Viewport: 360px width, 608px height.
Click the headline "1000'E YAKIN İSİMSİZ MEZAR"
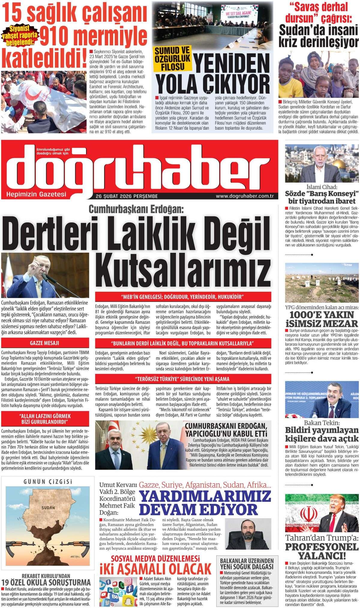pyautogui.click(x=322, y=319)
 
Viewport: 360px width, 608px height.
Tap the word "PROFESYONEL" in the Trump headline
pyautogui.click(x=321, y=547)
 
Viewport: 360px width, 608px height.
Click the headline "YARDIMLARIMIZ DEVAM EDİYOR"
pyautogui.click(x=205, y=503)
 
